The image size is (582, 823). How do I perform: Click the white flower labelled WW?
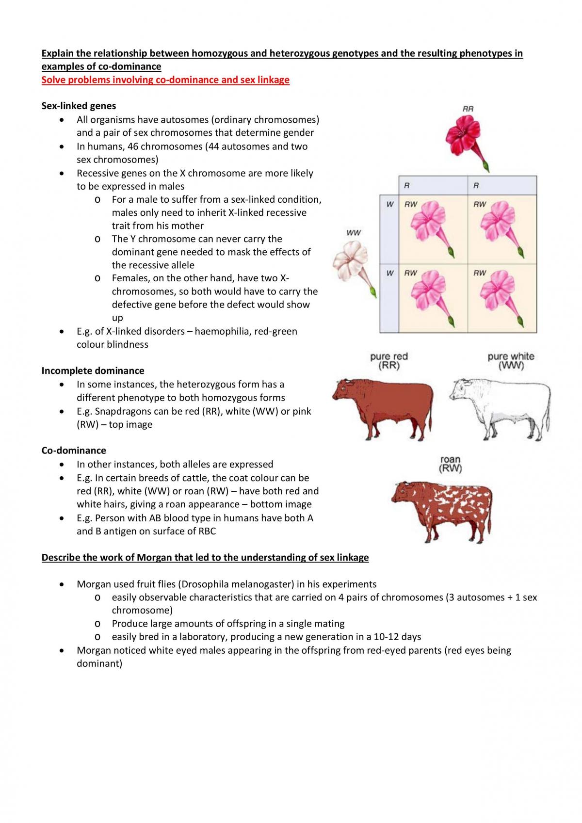pos(352,266)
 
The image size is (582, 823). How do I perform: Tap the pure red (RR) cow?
pos(383,408)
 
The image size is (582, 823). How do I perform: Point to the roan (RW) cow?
pos(442,511)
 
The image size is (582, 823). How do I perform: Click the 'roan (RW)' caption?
pos(450,464)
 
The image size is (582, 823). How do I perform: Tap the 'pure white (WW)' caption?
pos(511,361)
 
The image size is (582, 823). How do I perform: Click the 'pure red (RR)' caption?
pos(389,361)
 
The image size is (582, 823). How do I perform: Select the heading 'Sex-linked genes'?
pos(79,106)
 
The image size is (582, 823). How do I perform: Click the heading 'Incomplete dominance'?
pos(93,371)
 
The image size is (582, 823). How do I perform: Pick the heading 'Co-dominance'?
pos(74,451)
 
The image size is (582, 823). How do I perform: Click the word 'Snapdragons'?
pos(122,411)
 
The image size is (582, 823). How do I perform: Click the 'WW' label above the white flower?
pos(354,233)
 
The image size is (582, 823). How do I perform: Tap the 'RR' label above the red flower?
pos(468,109)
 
